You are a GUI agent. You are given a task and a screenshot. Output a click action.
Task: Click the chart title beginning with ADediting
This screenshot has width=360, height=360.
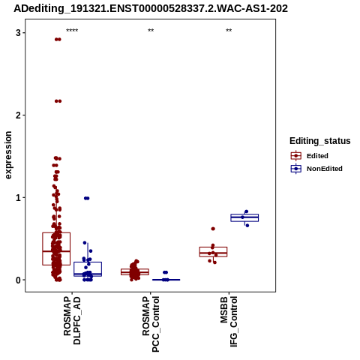(151, 9)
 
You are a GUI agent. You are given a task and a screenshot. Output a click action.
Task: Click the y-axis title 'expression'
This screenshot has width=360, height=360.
(8, 155)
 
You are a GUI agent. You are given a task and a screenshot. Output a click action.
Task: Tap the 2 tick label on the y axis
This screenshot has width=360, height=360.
(18, 115)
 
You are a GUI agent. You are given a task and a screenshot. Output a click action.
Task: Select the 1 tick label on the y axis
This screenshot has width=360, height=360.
(18, 198)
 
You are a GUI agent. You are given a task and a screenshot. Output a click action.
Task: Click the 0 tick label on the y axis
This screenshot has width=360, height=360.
(18, 280)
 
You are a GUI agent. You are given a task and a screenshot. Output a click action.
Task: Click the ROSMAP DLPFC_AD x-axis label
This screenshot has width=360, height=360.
(72, 320)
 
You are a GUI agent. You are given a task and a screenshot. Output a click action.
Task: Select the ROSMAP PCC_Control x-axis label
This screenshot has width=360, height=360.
(151, 324)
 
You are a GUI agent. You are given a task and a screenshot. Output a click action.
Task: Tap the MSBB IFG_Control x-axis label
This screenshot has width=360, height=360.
(229, 322)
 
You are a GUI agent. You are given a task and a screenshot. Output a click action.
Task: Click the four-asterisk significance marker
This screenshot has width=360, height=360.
(72, 31)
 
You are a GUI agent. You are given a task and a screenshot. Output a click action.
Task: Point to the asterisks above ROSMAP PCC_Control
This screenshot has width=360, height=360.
(151, 31)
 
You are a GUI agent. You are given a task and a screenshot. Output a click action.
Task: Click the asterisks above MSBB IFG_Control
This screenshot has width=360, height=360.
(229, 31)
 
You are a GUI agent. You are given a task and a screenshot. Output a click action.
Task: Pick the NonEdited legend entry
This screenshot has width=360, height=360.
(316, 169)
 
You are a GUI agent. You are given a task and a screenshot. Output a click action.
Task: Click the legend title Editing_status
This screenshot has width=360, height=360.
(320, 141)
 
